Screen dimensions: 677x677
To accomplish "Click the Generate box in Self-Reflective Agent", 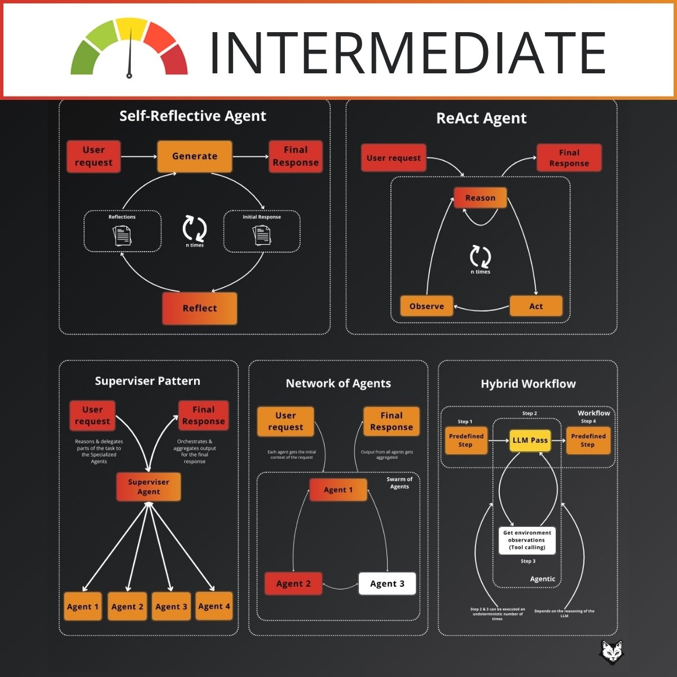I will (195, 156).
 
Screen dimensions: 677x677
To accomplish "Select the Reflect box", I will (200, 308).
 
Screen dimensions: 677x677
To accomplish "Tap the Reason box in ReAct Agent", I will (480, 198).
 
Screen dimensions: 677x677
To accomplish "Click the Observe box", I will (427, 306).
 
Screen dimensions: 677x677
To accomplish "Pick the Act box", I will (536, 306).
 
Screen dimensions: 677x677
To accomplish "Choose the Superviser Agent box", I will (148, 487).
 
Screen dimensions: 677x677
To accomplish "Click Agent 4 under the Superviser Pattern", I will (214, 606).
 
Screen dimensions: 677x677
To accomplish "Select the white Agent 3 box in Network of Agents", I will (387, 584).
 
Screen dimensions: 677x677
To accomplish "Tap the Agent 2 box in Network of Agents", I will (293, 584).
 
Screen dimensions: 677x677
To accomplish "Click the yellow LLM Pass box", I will (530, 440).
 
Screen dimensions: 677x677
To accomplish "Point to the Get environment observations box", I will (527, 540).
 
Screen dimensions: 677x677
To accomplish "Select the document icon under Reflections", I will (122, 235).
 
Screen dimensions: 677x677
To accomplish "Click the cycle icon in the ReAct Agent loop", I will (480, 256).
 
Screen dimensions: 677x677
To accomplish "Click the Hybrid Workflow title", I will (528, 384).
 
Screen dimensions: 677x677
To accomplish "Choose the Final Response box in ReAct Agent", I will (569, 158).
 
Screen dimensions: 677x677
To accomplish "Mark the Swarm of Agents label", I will (399, 483).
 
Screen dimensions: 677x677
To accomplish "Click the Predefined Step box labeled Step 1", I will (466, 440).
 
